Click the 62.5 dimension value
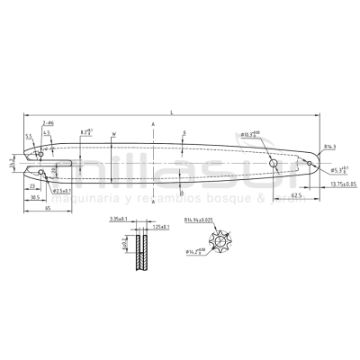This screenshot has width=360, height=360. (296, 193)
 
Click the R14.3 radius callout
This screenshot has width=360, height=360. (329, 146)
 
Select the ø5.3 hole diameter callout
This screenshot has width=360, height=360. (337, 168)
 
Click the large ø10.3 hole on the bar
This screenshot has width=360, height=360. (272, 162)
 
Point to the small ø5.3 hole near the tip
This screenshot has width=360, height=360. (309, 163)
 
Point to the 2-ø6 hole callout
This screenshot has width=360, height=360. (49, 121)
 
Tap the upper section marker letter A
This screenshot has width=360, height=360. (154, 123)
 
